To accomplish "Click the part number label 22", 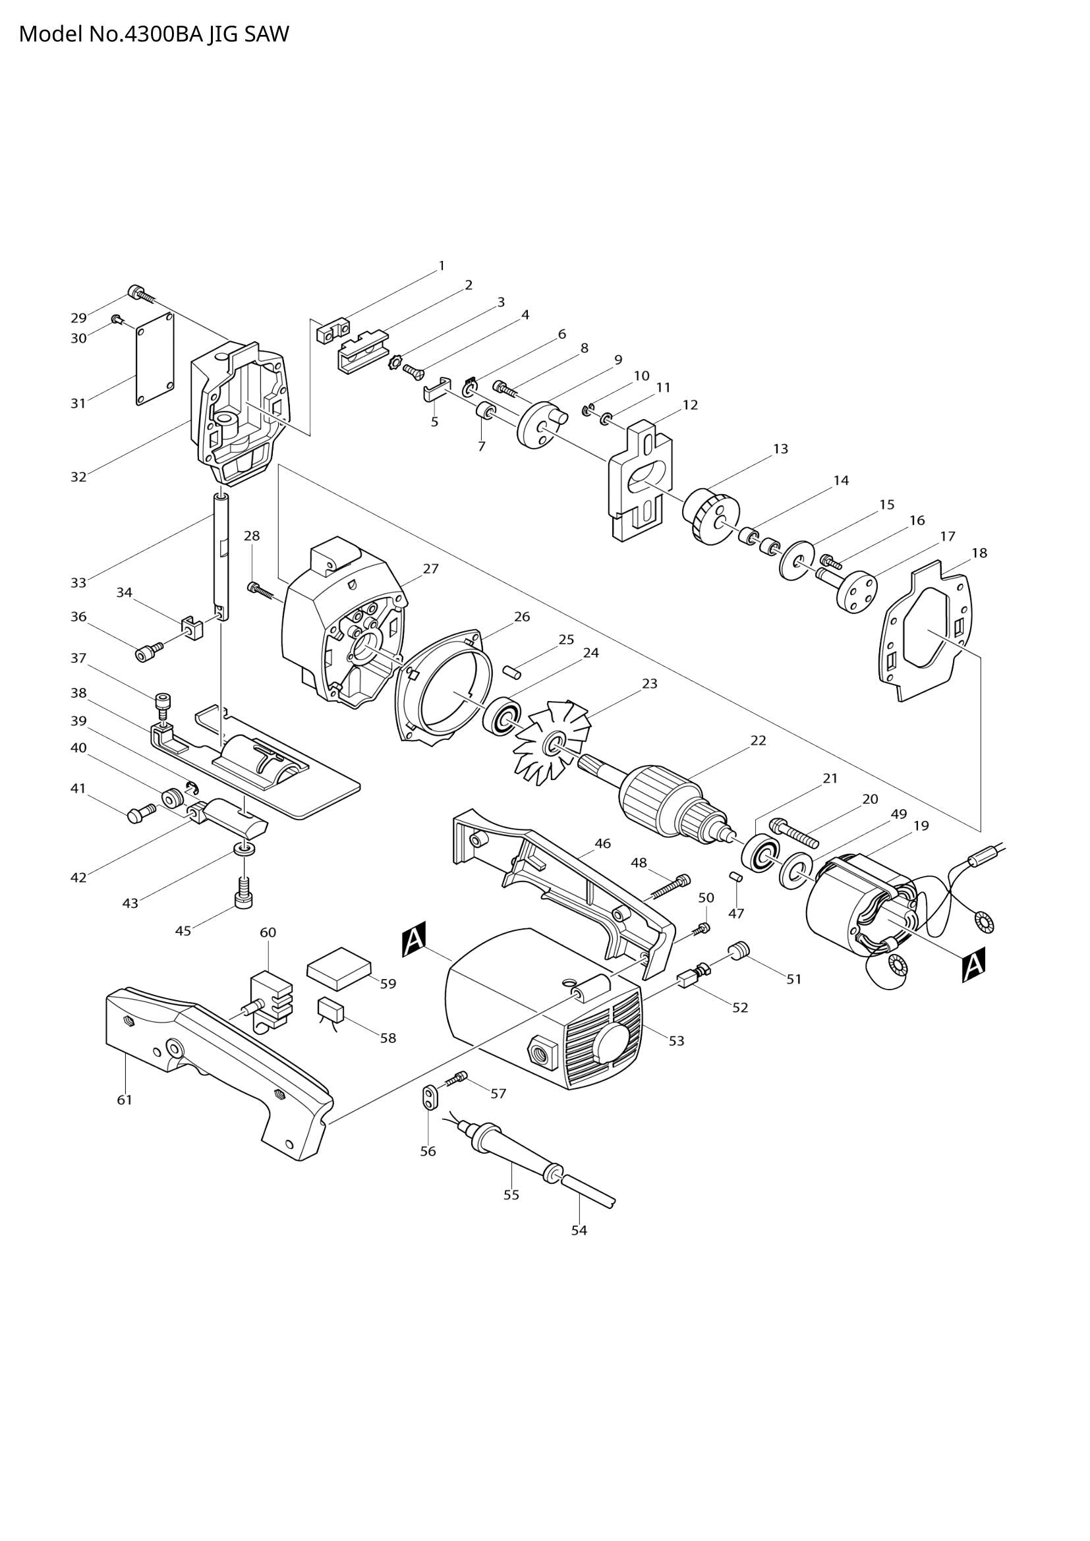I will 758,741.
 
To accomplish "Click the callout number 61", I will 125,1100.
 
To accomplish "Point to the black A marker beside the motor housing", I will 414,939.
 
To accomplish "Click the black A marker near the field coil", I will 973,965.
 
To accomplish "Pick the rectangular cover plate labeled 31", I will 155,360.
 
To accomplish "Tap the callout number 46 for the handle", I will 603,844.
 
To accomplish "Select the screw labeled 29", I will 138,293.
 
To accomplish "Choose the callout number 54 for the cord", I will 579,1230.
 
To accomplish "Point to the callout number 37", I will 78,658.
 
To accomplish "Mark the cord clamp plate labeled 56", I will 430,1097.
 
